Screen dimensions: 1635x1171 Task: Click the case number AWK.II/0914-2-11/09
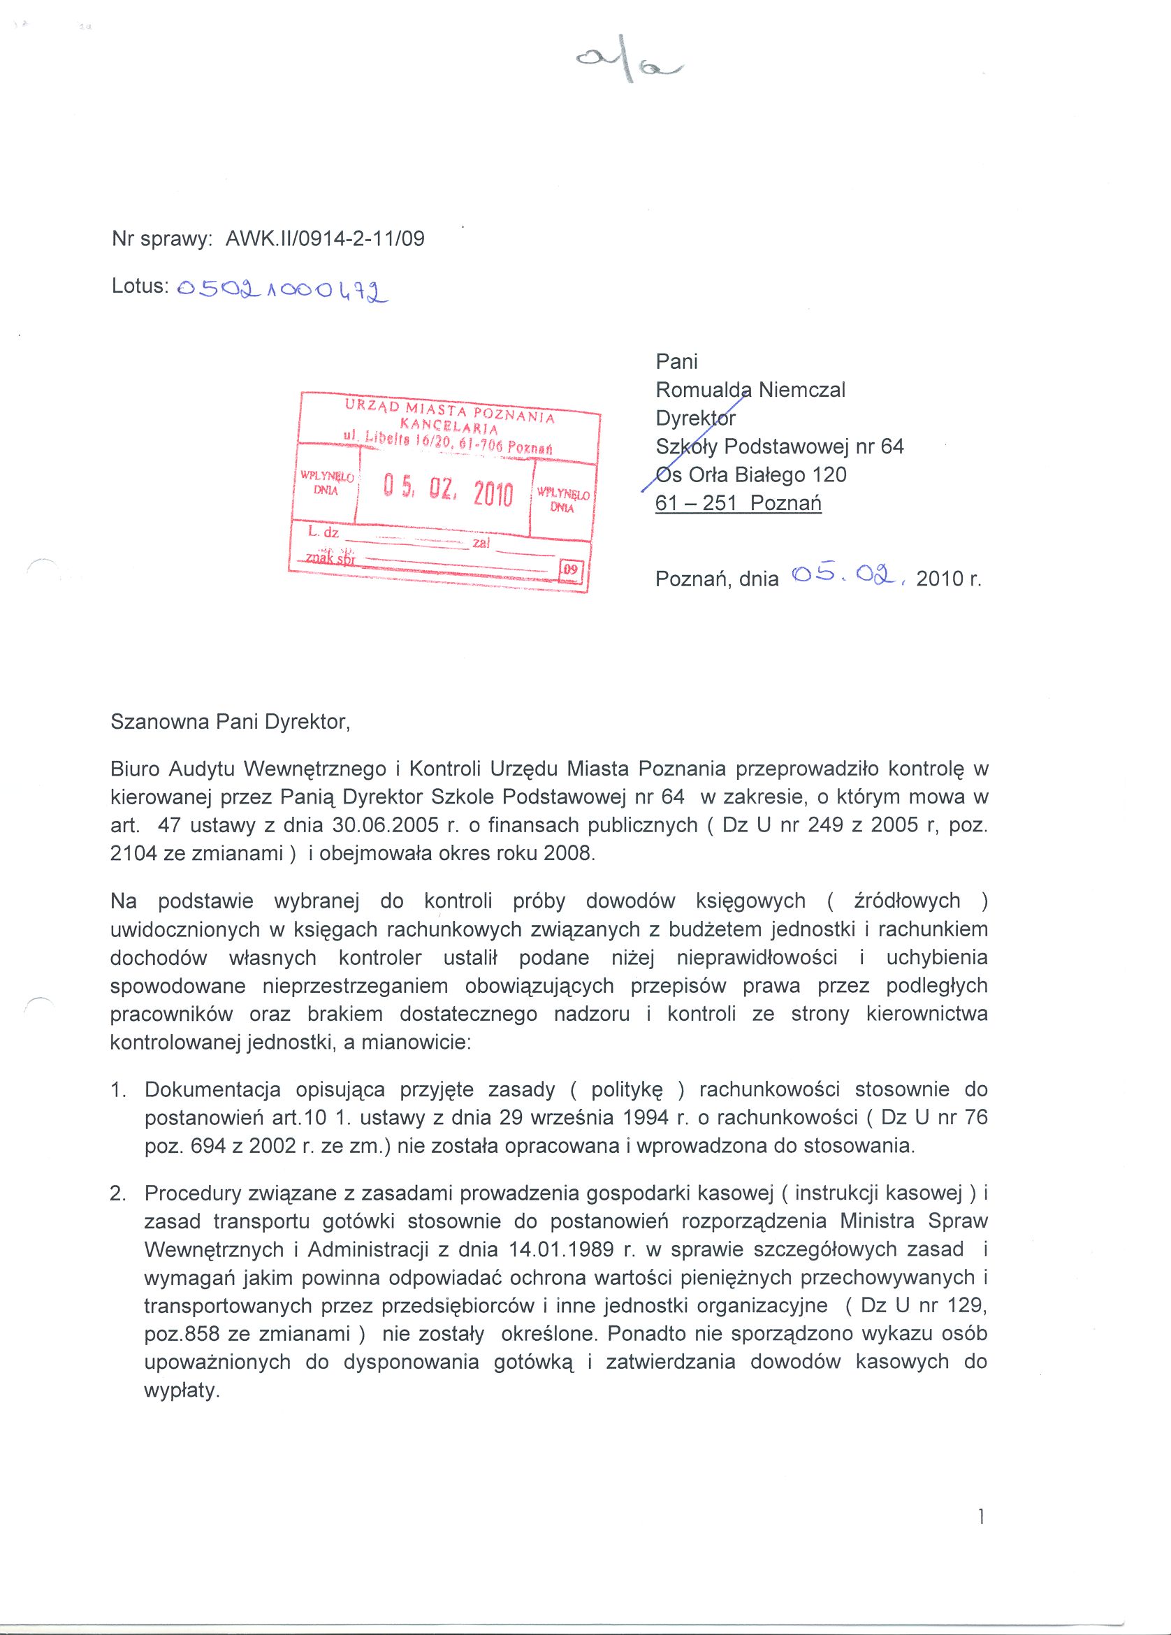click(x=324, y=239)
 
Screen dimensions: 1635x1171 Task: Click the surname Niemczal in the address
click(x=801, y=390)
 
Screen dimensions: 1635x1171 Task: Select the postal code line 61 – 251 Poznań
click(x=738, y=503)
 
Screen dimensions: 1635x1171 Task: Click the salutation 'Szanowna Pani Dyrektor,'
click(x=230, y=722)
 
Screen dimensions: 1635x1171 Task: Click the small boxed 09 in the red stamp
click(x=570, y=569)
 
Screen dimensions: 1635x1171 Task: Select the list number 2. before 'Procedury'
click(x=118, y=1193)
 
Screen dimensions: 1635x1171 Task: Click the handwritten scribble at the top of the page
click(x=629, y=66)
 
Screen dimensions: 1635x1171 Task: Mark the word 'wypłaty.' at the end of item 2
click(x=182, y=1390)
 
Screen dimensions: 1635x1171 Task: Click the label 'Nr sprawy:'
click(x=161, y=239)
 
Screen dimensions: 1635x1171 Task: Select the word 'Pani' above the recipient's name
click(x=676, y=362)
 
